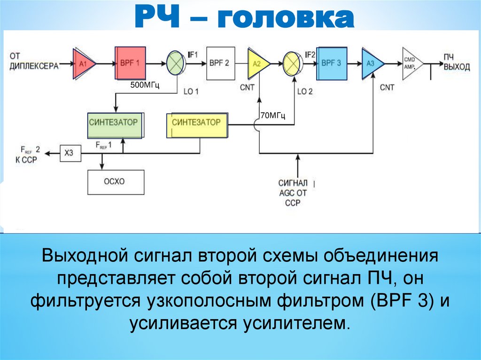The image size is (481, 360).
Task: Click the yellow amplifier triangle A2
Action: click(x=258, y=63)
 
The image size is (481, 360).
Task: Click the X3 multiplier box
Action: click(x=69, y=153)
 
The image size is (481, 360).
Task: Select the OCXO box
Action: click(x=115, y=181)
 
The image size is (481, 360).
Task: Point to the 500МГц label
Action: click(x=146, y=84)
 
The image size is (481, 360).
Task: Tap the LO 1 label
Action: click(x=191, y=92)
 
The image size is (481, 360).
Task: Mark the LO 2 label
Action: click(x=305, y=92)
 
